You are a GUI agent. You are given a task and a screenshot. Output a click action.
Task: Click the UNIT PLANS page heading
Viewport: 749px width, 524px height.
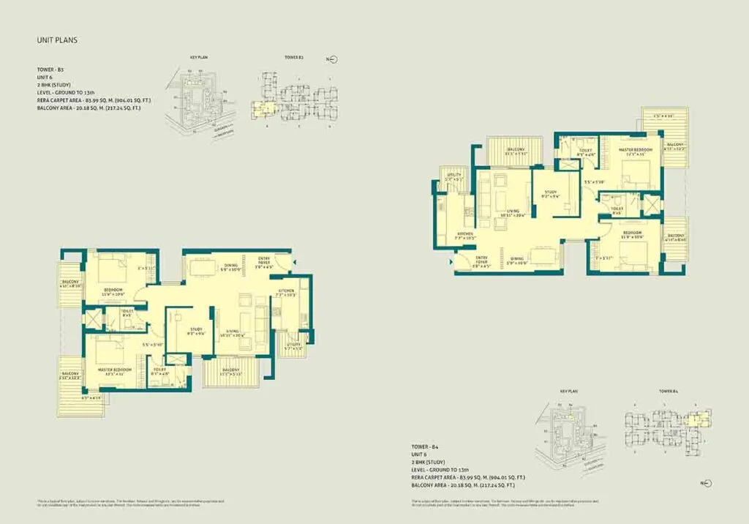pyautogui.click(x=56, y=40)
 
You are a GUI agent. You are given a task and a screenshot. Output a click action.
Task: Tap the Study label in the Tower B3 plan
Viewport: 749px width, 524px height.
pyautogui.click(x=196, y=329)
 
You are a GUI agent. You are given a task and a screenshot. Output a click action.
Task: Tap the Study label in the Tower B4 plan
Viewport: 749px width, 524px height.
pyautogui.click(x=550, y=193)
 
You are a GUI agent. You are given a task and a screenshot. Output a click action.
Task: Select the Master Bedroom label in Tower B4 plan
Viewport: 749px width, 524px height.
pyautogui.click(x=634, y=150)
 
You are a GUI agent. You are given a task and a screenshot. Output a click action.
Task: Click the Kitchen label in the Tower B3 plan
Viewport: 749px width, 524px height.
pyautogui.click(x=285, y=291)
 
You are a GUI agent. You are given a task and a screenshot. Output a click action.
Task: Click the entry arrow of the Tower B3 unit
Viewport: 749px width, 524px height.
pyautogui.click(x=296, y=261)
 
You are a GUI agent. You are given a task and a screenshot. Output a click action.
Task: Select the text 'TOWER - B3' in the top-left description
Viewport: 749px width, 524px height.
pyautogui.click(x=51, y=68)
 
